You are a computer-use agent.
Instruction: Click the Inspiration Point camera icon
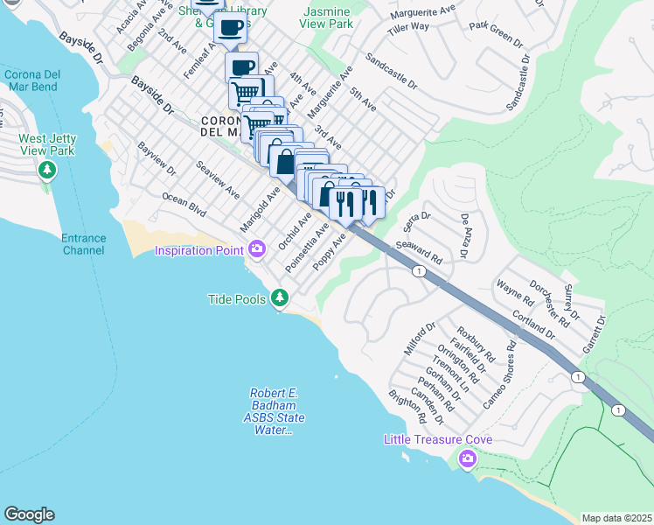[x=256, y=251]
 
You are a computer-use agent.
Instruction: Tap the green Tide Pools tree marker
[x=280, y=299]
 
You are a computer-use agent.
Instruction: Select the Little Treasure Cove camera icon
[x=468, y=458]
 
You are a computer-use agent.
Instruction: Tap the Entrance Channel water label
[x=84, y=244]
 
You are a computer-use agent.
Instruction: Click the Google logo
[x=29, y=514]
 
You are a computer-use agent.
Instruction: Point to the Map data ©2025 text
[x=616, y=518]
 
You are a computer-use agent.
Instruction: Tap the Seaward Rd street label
[x=420, y=254]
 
